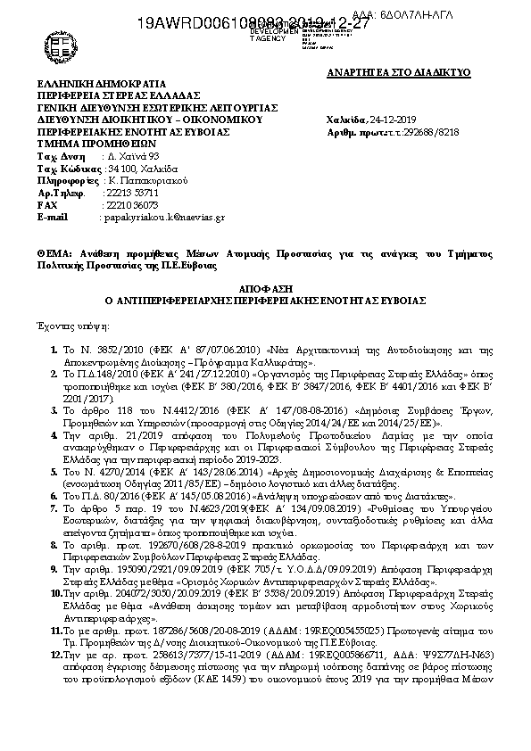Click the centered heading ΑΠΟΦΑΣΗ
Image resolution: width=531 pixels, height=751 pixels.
(266, 291)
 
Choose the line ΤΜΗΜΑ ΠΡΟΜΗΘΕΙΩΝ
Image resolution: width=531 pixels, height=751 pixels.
(84, 142)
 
